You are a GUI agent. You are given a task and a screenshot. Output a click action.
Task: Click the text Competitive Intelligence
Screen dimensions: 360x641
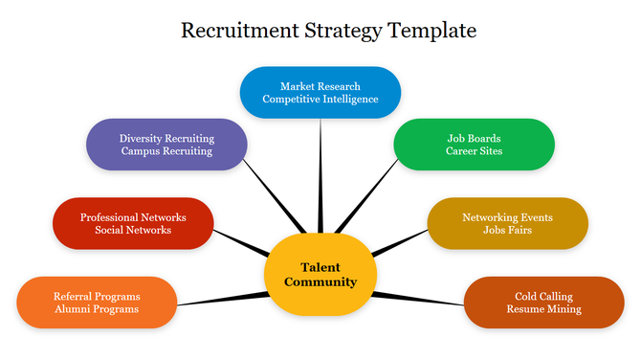pos(320,100)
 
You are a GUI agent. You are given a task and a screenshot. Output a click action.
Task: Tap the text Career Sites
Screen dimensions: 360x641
pos(474,151)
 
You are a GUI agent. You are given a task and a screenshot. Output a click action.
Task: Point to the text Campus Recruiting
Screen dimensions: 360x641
pos(166,151)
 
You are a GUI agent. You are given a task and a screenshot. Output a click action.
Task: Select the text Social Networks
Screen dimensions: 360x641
pos(133,230)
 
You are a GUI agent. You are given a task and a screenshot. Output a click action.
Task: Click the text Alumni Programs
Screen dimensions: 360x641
pos(97,309)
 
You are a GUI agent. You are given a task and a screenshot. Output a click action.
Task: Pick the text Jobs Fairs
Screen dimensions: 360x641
pos(507,231)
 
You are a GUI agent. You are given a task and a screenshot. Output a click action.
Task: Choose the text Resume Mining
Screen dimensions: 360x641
pos(543,309)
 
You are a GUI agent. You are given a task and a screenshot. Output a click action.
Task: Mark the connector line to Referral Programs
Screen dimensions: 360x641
pos(220,300)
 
